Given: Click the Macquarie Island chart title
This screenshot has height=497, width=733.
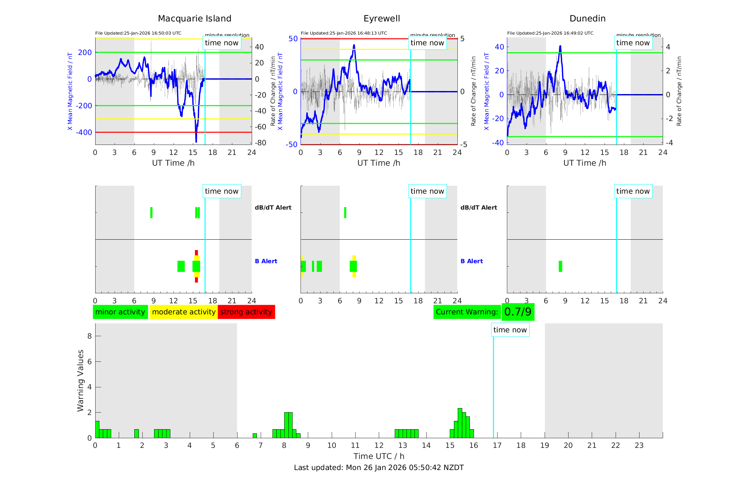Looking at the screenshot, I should click(194, 19).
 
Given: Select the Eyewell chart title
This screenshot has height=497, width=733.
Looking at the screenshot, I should click(382, 19).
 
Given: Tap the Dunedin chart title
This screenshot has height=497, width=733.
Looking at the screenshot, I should click(587, 19).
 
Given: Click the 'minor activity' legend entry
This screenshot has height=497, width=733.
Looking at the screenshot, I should click(120, 312).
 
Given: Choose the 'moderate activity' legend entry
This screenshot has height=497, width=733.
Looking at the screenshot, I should click(184, 312).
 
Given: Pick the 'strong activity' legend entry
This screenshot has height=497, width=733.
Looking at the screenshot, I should click(246, 312).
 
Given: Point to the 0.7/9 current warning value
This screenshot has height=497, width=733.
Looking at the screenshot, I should click(518, 312).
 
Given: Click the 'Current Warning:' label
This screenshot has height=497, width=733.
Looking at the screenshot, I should click(467, 312).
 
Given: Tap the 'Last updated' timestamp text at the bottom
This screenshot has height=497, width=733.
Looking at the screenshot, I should click(379, 468).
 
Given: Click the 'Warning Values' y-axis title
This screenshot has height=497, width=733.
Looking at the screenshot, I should click(80, 380).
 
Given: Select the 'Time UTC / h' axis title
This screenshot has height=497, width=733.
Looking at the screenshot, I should click(379, 456).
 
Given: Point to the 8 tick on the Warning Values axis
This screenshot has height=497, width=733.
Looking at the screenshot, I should click(89, 336).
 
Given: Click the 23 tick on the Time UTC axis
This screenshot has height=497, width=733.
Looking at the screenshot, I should click(639, 445).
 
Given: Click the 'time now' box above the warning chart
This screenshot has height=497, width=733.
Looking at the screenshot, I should click(510, 330).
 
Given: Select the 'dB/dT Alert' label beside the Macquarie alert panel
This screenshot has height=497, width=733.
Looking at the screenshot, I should click(273, 208).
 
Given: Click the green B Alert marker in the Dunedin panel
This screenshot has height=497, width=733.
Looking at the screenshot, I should click(560, 266).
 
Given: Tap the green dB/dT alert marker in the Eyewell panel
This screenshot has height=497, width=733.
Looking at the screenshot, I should click(345, 213).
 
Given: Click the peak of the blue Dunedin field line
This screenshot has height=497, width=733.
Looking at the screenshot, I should click(560, 46).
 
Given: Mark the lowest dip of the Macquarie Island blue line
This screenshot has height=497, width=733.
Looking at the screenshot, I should click(196, 141).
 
